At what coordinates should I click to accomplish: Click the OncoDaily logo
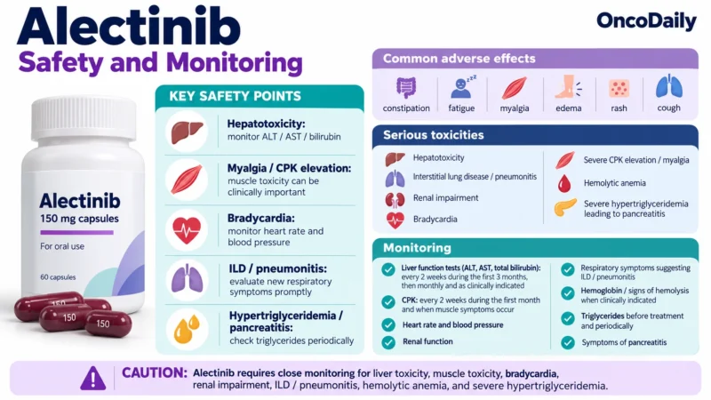[646, 21]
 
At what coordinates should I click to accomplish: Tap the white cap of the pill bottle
[84, 119]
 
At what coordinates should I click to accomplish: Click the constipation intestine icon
[406, 87]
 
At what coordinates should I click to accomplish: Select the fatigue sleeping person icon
[462, 87]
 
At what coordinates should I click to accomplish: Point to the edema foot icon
[568, 87]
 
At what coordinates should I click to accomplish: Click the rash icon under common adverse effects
[619, 88]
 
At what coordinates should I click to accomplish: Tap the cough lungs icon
[669, 86]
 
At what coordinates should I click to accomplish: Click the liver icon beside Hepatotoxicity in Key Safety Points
[187, 131]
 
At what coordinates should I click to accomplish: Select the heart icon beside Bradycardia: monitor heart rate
[187, 230]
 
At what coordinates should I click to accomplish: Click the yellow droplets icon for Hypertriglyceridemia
[187, 329]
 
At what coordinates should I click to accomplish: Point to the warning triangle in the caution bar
[93, 378]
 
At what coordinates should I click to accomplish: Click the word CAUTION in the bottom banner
[154, 372]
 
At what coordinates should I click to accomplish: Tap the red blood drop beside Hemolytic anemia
[564, 184]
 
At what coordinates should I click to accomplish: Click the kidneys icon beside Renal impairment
[395, 199]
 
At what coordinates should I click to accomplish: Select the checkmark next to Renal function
[388, 342]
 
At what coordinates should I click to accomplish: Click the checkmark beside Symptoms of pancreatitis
[568, 342]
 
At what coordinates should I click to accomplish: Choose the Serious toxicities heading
[434, 135]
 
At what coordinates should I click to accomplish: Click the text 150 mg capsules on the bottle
[79, 219]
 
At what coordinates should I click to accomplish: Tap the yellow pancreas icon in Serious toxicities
[565, 208]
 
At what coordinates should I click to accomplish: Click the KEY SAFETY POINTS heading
[235, 96]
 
